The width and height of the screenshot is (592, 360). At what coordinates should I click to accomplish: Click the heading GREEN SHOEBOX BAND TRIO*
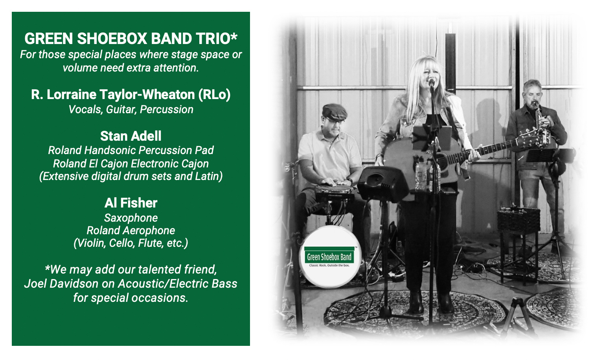[x=131, y=39]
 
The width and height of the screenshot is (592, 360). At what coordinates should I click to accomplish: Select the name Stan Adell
[x=131, y=136]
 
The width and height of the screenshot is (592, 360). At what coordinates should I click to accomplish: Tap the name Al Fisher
[x=131, y=203]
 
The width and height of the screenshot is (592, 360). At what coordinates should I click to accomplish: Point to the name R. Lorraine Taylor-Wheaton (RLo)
[x=131, y=95]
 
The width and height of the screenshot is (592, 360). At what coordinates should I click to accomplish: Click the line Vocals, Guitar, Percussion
[x=131, y=110]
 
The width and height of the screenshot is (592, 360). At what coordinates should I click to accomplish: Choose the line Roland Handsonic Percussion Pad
[x=131, y=150]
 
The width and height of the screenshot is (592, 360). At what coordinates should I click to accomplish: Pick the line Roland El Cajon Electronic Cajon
[x=131, y=163]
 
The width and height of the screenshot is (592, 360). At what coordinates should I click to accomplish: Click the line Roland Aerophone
[x=131, y=230]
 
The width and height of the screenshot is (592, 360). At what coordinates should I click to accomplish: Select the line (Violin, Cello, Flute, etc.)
[x=131, y=243]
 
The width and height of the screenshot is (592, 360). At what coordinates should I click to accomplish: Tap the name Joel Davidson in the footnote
[x=61, y=284]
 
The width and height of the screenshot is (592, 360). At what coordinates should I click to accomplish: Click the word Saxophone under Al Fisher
[x=131, y=218]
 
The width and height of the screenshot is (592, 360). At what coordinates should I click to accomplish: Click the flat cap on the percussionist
[x=335, y=112]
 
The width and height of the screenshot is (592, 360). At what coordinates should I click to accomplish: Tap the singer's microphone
[x=432, y=83]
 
